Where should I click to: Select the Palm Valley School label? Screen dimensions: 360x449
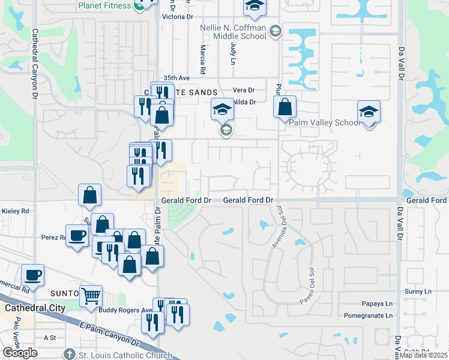click(324, 122)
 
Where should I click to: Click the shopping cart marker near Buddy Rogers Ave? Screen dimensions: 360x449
click(91, 295)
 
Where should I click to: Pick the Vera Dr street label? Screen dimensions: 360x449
click(243, 90)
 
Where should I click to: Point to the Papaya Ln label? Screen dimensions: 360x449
click(376, 304)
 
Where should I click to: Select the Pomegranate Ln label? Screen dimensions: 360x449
click(368, 315)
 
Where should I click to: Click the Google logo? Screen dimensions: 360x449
click(20, 353)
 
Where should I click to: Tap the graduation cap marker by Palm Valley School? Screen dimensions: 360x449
click(369, 112)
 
